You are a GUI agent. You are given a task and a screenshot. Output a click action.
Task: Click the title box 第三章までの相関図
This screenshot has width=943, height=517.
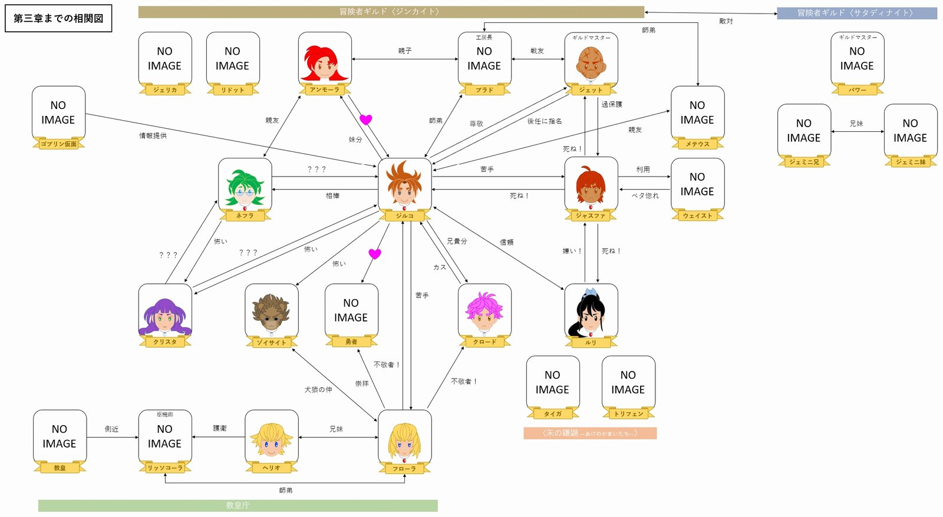click(58, 18)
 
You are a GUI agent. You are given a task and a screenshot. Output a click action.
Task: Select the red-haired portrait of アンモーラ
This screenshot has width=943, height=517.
click(325, 58)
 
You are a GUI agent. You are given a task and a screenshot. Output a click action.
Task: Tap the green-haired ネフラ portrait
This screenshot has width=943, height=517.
click(245, 184)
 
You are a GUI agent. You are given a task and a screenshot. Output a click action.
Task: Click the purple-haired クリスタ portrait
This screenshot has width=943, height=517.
click(165, 310)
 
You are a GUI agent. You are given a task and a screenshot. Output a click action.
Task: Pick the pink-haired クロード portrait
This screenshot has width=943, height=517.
click(484, 310)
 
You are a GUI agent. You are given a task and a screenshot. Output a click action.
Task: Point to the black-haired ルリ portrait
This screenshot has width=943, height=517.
click(591, 310)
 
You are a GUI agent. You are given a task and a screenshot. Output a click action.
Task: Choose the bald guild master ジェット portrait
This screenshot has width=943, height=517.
click(591, 59)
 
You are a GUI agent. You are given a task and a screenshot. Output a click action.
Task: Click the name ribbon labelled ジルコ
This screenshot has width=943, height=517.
click(404, 216)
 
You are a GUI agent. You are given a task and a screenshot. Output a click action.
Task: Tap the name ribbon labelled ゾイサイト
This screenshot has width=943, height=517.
click(271, 342)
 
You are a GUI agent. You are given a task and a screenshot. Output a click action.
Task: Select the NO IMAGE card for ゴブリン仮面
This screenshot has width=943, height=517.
click(58, 112)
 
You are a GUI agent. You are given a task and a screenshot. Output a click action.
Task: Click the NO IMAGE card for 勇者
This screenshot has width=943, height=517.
click(351, 310)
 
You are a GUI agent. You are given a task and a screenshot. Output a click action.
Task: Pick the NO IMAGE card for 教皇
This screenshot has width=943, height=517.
click(60, 436)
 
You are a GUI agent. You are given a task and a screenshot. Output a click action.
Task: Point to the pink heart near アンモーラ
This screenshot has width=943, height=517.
click(366, 120)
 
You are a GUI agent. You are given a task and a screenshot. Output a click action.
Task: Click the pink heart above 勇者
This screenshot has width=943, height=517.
click(375, 254)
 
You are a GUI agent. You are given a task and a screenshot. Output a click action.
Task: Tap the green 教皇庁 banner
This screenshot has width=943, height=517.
click(238, 505)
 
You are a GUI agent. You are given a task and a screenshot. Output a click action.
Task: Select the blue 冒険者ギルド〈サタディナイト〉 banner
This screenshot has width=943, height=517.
click(856, 13)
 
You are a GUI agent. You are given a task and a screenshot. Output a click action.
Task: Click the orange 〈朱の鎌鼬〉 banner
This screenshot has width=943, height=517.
click(590, 433)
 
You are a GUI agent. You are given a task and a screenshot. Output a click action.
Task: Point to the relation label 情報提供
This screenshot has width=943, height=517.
click(153, 135)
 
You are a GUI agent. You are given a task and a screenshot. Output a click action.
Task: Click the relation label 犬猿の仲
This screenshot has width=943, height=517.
click(318, 390)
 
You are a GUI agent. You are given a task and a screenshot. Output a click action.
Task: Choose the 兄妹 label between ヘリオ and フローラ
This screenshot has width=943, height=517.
click(337, 429)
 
